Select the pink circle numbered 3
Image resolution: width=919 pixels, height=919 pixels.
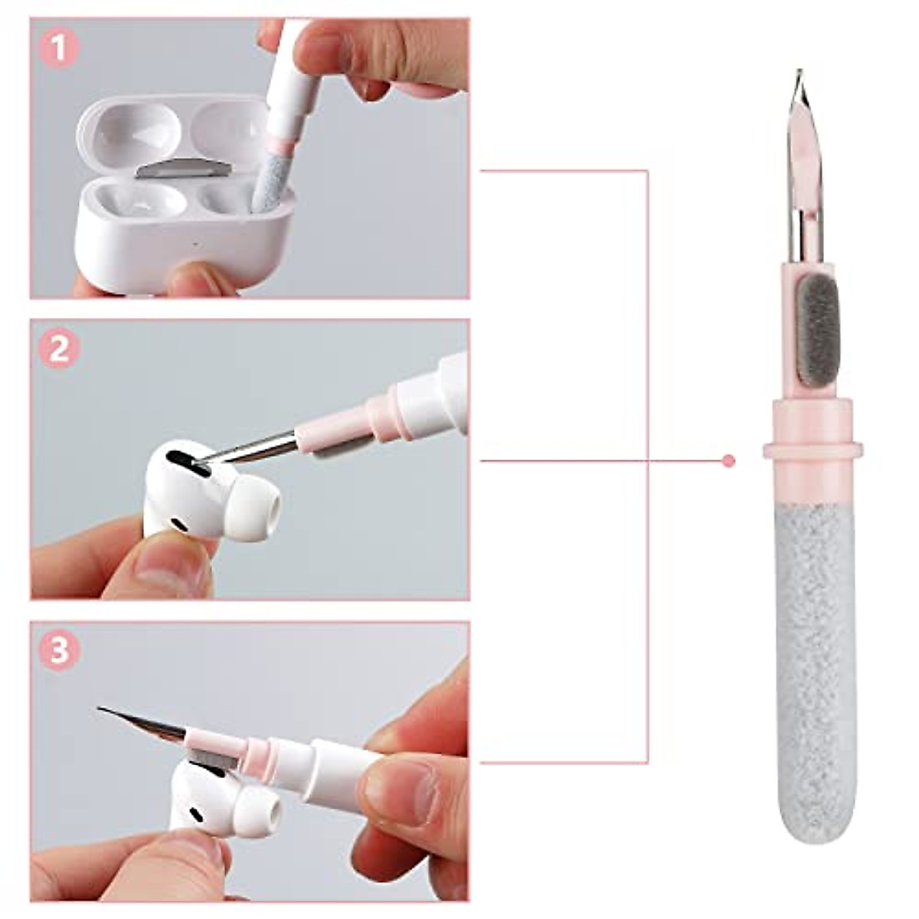(59, 652)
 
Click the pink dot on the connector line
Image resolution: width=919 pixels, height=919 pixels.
(728, 461)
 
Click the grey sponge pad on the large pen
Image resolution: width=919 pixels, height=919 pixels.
(819, 331)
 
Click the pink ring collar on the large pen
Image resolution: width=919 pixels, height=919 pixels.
(813, 450)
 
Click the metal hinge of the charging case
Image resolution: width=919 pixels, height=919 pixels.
(183, 169)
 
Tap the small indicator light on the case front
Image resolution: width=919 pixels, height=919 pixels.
(197, 247)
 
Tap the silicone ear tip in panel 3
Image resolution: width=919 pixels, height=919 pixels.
(253, 803)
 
